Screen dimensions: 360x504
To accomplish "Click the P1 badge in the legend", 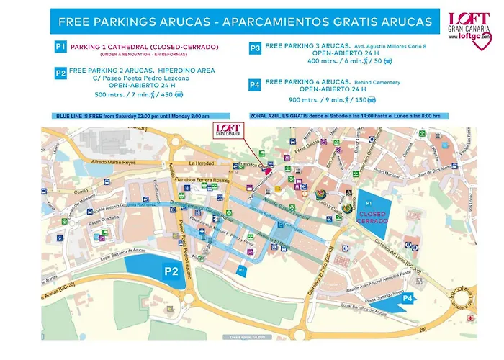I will click(x=60, y=47).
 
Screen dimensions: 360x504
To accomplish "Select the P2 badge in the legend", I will click(x=60, y=72).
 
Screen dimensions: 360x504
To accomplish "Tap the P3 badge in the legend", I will click(x=255, y=48).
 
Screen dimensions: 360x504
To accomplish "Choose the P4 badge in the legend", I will click(x=255, y=84).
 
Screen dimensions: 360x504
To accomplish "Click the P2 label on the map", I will click(x=171, y=271).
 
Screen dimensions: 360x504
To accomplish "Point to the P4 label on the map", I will click(x=408, y=297).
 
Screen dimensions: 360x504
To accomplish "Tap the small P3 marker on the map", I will click(x=242, y=269).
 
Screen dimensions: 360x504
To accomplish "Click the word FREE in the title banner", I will click(x=73, y=22).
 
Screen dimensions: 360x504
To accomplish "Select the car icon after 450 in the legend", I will click(x=179, y=94).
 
